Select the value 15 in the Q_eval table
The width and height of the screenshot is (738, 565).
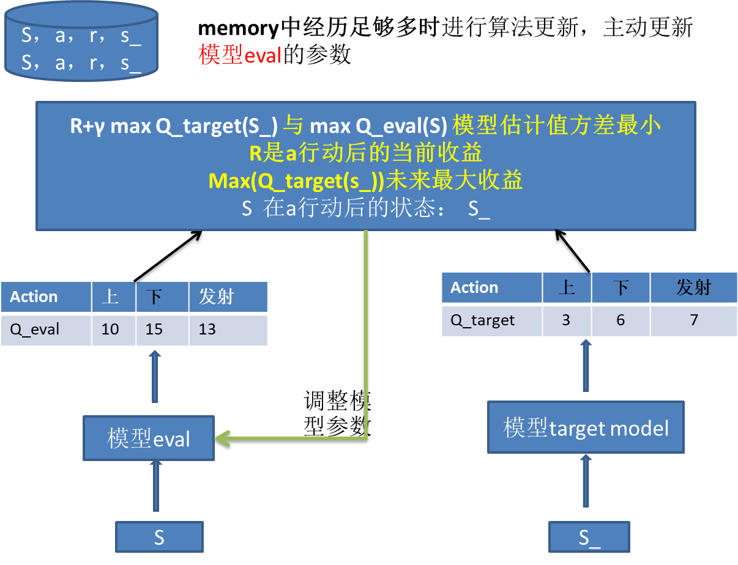coord(154,330)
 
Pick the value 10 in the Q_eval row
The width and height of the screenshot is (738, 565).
coord(110,330)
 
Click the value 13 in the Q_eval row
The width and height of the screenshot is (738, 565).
coord(207,330)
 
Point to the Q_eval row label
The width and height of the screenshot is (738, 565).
coord(35,330)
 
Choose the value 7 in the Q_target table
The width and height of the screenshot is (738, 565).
coord(693,320)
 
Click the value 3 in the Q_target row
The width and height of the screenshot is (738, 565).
coord(566,320)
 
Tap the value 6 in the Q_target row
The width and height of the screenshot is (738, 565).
coord(621,320)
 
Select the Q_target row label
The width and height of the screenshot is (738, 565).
coord(483,320)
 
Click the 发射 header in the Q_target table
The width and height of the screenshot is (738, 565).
coord(693,287)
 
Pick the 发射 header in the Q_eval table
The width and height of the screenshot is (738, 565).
coord(216,297)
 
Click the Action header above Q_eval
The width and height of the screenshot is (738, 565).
coord(34,297)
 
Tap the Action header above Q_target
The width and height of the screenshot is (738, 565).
coord(474,287)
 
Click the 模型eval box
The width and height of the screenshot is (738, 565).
coord(149,438)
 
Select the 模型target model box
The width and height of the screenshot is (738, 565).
coord(586,427)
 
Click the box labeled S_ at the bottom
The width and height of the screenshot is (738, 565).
coord(589,537)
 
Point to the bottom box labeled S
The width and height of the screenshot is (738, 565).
coord(159,537)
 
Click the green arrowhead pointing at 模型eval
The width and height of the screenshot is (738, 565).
coord(222,438)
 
